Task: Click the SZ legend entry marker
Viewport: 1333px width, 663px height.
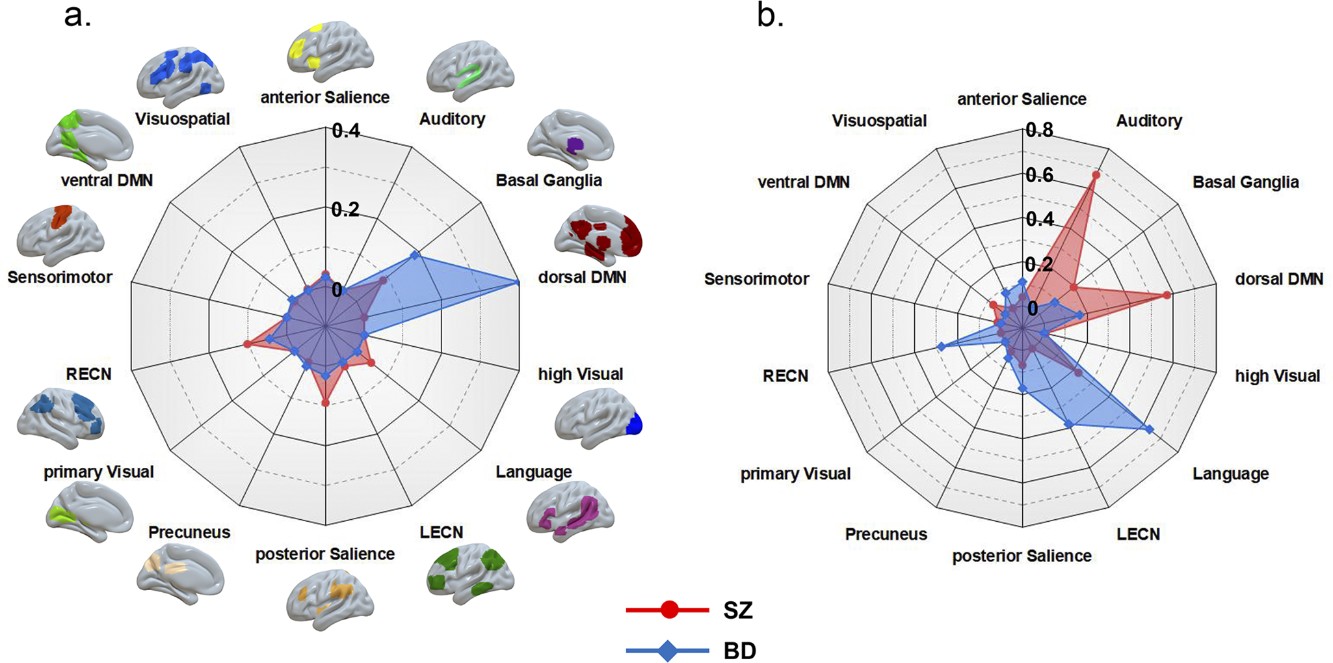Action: pyautogui.click(x=669, y=610)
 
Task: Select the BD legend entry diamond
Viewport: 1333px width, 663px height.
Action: pyautogui.click(x=668, y=651)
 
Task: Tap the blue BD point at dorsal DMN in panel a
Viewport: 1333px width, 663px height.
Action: pyautogui.click(x=518, y=282)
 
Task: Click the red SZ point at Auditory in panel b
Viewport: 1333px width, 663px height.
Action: pyautogui.click(x=1096, y=174)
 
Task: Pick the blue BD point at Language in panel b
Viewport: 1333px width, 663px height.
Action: pyautogui.click(x=1150, y=429)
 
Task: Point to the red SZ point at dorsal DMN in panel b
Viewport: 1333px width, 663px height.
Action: pyautogui.click(x=1167, y=295)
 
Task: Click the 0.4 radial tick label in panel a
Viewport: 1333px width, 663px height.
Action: pyautogui.click(x=345, y=131)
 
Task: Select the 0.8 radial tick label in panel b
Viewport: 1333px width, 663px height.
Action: pyautogui.click(x=1039, y=130)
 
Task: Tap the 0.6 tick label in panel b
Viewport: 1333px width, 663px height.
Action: pyautogui.click(x=1039, y=174)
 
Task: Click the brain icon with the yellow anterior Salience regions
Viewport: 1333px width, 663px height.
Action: pyautogui.click(x=330, y=51)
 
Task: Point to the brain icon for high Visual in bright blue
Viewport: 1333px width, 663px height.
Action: pyautogui.click(x=599, y=418)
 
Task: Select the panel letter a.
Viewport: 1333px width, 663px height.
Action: pyautogui.click(x=77, y=16)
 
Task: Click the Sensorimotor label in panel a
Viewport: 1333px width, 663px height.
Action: pyautogui.click(x=60, y=277)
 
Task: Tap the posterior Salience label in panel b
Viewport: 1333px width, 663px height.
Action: pyautogui.click(x=1022, y=556)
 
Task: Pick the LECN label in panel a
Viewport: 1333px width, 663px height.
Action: pyautogui.click(x=442, y=532)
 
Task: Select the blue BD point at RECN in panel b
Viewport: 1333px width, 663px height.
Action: pyautogui.click(x=940, y=347)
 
